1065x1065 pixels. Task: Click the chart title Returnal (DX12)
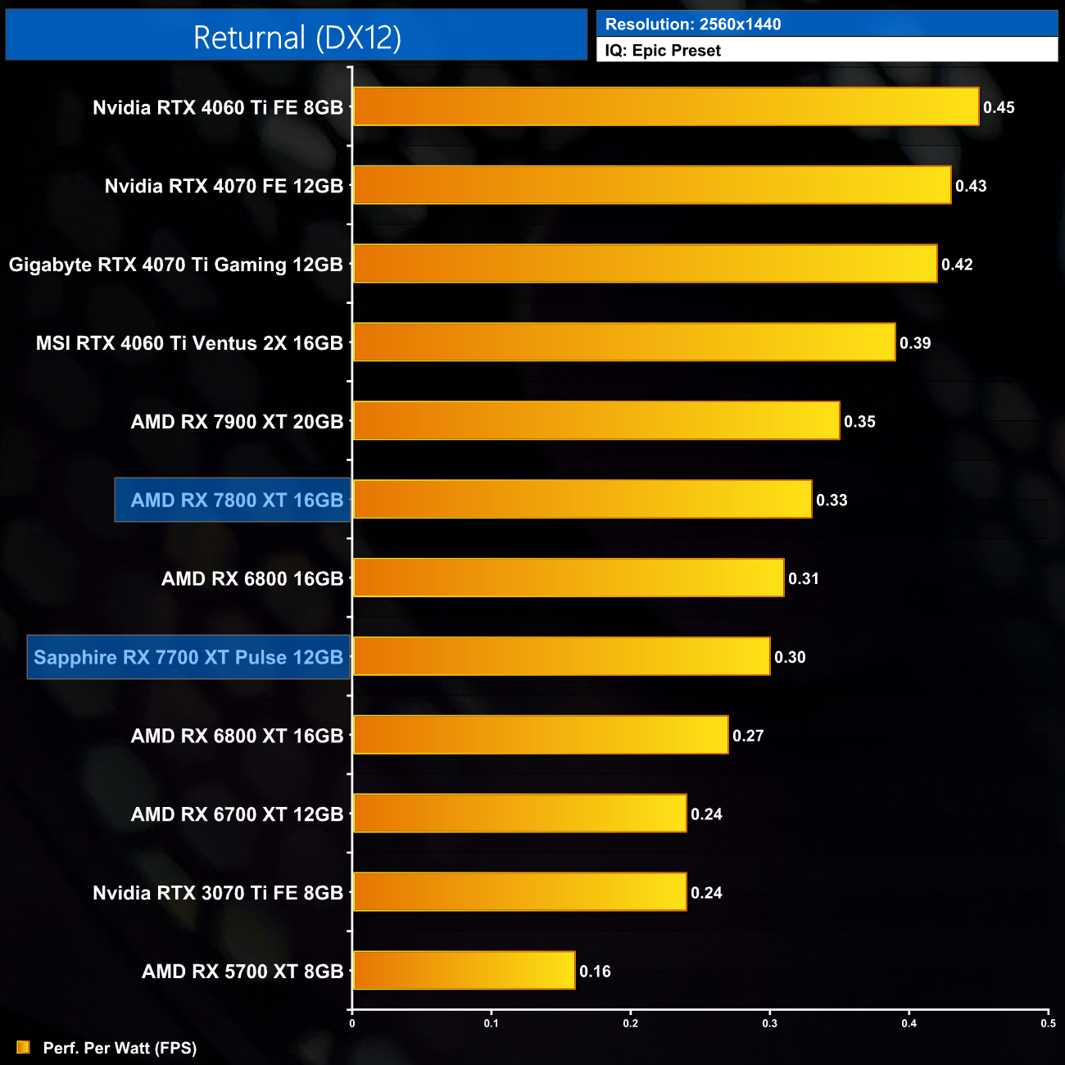(x=297, y=38)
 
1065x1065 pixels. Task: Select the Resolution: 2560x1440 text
(x=693, y=25)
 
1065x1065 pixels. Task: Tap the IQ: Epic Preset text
(x=663, y=51)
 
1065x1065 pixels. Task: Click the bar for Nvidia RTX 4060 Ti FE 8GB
(x=665, y=106)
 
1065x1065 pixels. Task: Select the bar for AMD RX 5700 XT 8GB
(x=464, y=970)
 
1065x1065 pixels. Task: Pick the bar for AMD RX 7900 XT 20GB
(x=596, y=420)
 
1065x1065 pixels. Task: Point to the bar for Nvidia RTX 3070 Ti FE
(x=519, y=891)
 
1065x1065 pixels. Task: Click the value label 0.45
(x=999, y=107)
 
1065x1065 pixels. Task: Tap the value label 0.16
(x=595, y=972)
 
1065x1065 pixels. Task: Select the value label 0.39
(x=915, y=343)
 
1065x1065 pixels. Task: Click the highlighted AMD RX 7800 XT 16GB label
(x=237, y=500)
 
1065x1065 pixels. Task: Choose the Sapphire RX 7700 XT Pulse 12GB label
(x=188, y=657)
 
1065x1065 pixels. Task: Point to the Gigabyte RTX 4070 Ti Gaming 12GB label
(x=175, y=265)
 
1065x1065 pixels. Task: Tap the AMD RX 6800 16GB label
(x=252, y=578)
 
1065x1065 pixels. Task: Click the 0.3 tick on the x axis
(x=770, y=1023)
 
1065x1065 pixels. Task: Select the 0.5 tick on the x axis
(x=1048, y=1023)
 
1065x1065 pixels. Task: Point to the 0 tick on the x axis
(x=352, y=1023)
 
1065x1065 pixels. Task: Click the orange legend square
(x=23, y=1047)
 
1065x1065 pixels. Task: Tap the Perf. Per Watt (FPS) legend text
(x=120, y=1048)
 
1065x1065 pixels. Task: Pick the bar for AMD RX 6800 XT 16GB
(x=541, y=735)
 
